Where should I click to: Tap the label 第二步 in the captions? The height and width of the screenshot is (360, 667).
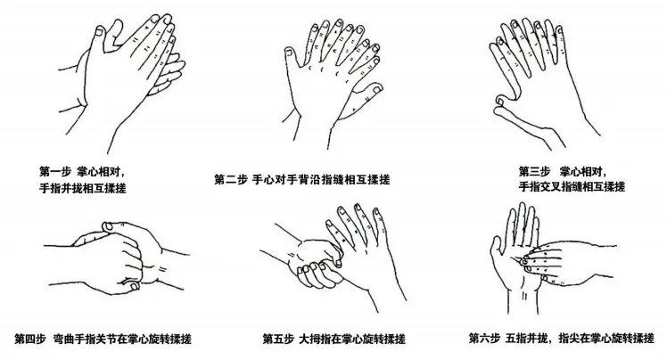pos(231,180)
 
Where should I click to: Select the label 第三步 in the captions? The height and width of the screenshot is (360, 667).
pos(534,172)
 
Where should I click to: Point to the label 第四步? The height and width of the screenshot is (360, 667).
pos(29,340)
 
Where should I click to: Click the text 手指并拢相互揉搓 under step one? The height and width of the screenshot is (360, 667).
pos(83,188)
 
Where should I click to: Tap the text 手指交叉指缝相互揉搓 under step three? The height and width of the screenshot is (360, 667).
pos(572,186)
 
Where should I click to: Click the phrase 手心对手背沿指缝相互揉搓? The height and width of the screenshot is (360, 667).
pos(321,180)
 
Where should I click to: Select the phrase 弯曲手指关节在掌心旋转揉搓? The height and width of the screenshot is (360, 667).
pos(122,340)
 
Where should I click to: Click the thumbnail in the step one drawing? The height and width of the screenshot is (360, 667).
pos(100,31)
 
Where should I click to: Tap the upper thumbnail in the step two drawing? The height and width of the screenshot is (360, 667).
pos(289,53)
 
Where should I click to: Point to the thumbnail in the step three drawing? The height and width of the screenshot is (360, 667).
pos(499,101)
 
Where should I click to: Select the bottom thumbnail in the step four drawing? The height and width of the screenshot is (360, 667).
pos(135,286)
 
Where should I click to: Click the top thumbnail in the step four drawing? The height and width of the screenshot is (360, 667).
pos(108,226)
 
